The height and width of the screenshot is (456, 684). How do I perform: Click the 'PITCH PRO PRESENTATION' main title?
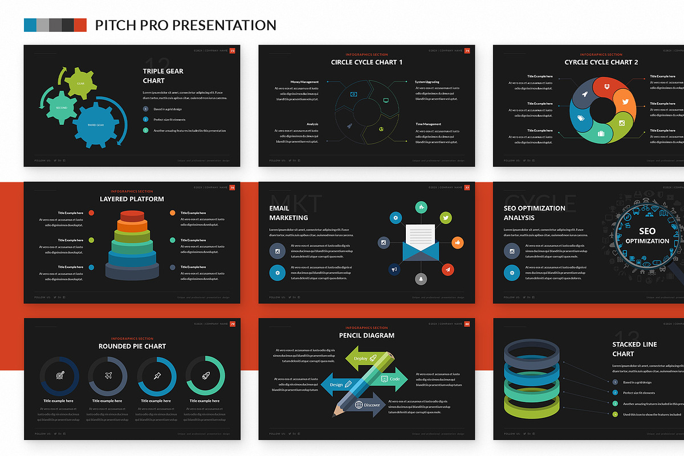tap(185, 25)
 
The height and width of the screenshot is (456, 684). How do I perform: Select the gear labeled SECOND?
tap(61, 107)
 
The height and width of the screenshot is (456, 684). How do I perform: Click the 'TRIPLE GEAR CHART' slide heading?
tap(163, 76)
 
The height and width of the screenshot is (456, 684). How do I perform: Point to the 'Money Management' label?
tap(304, 82)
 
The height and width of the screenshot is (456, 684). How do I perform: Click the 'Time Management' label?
tap(428, 124)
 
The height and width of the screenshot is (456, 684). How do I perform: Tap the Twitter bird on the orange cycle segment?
tap(625, 102)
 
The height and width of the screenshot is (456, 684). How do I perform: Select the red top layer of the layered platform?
tap(132, 215)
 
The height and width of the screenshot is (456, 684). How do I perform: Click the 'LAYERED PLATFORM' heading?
tap(132, 199)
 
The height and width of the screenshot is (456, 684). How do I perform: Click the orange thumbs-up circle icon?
tap(456, 242)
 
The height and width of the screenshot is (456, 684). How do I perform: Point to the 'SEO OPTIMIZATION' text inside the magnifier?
tap(647, 236)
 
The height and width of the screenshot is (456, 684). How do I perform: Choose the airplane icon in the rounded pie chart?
tap(108, 376)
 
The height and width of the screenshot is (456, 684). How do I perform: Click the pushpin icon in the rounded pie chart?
tap(157, 376)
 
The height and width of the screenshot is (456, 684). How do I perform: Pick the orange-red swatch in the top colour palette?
tap(80, 25)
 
